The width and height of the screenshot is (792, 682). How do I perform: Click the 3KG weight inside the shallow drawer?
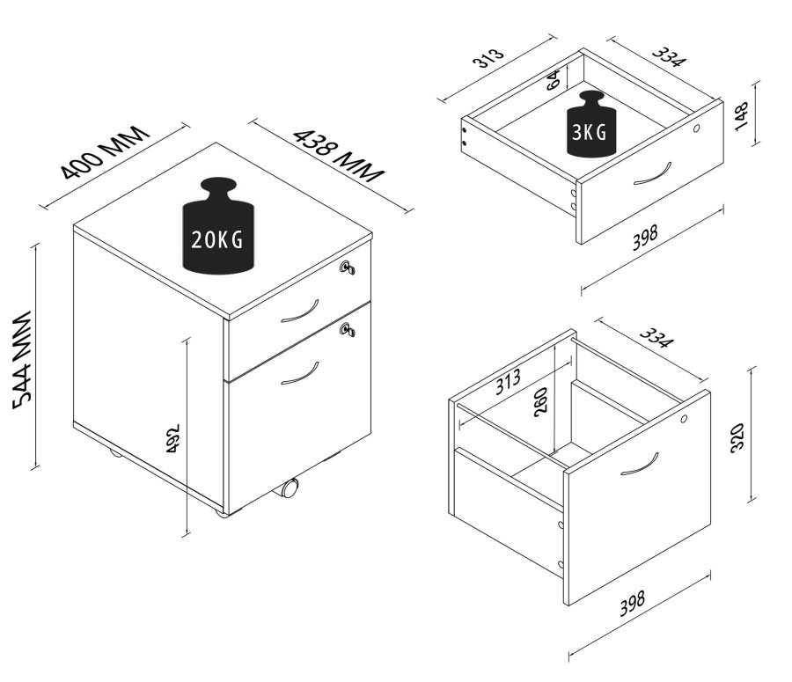pos(591,125)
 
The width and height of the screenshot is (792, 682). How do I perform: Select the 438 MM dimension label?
pos(339,155)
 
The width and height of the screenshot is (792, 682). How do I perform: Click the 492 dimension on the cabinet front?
pos(174,440)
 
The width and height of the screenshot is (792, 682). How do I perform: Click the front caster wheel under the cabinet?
pos(290,488)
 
